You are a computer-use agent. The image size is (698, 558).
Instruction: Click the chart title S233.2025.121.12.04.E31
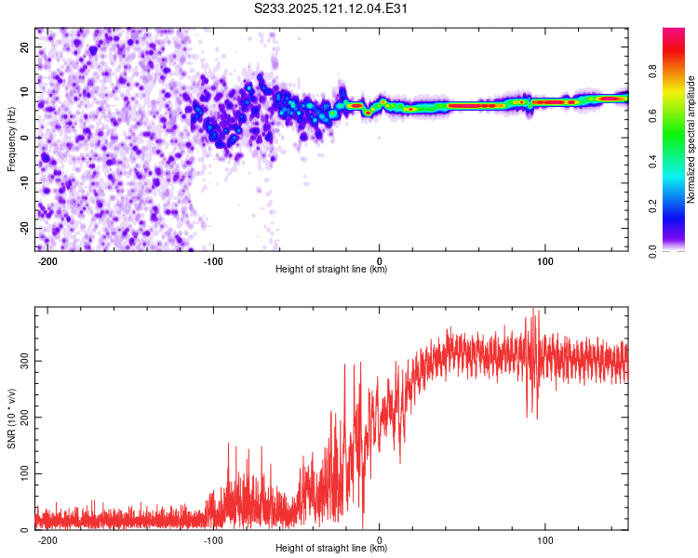[x=330, y=8]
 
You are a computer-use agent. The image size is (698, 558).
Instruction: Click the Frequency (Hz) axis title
[x=11, y=139]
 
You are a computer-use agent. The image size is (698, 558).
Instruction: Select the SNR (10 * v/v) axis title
[x=11, y=418]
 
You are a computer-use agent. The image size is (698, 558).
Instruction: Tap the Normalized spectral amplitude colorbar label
[x=691, y=139]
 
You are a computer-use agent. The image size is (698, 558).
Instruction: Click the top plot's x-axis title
[x=331, y=269]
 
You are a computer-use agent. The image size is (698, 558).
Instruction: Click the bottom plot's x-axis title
[x=331, y=548]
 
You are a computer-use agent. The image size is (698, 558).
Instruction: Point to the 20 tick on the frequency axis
[x=25, y=47]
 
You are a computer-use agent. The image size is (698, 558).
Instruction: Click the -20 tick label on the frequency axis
[x=25, y=228]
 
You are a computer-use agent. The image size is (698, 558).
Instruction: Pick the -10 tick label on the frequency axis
[x=25, y=183]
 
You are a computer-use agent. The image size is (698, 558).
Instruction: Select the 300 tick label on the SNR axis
[x=25, y=361]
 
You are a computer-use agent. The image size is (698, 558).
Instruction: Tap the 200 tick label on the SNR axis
[x=25, y=418]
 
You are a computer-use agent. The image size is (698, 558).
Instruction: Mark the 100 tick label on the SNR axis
[x=25, y=473]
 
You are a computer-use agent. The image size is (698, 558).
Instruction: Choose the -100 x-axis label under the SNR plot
[x=213, y=540]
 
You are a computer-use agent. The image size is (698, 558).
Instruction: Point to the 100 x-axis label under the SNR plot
[x=544, y=540]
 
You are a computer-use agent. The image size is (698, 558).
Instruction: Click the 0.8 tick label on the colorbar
[x=652, y=71]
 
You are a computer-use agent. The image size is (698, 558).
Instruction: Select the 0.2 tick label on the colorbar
[x=652, y=206]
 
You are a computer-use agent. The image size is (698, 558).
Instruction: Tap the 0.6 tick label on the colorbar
[x=652, y=115]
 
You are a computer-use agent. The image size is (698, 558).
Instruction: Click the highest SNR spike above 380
[x=533, y=309]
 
